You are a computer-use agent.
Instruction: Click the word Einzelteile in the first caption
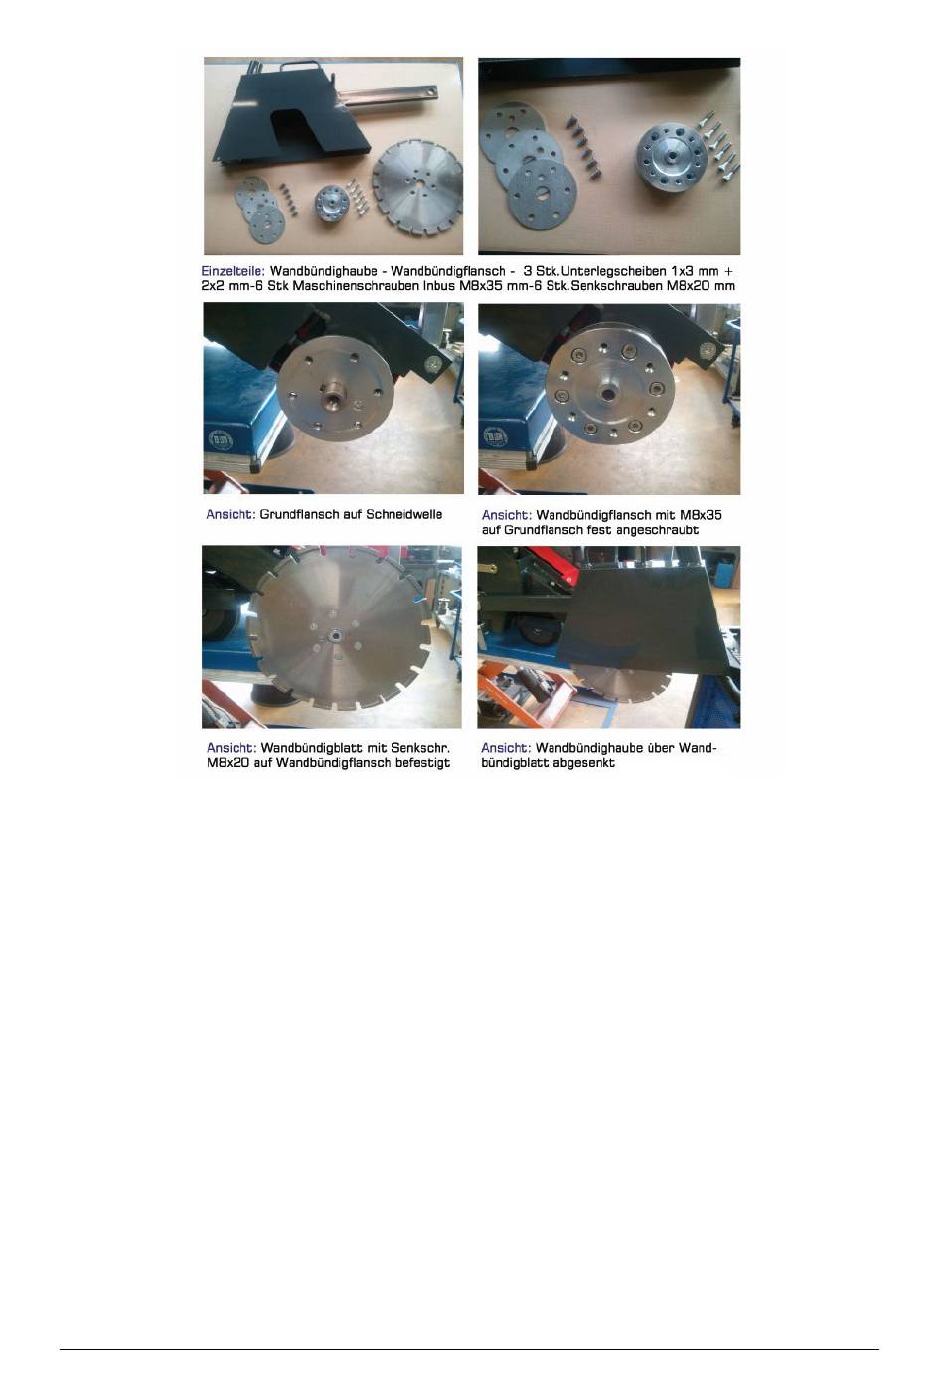point(234,271)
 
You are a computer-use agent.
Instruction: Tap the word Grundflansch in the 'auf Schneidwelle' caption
point(299,514)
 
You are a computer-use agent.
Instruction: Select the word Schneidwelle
point(404,514)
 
